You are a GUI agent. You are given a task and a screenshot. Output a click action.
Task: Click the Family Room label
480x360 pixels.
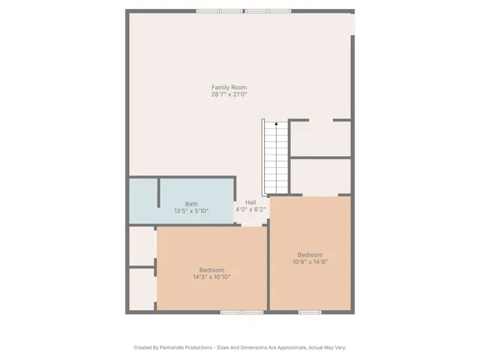pyautogui.click(x=229, y=88)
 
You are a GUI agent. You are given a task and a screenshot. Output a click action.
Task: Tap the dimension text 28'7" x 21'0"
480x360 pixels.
pyautogui.click(x=229, y=94)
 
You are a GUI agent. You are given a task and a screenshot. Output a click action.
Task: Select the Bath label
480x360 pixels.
pyautogui.click(x=191, y=204)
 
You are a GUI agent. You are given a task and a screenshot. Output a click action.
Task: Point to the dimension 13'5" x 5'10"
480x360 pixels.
pyautogui.click(x=191, y=211)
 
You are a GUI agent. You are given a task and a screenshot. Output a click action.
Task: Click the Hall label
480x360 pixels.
pyautogui.click(x=250, y=202)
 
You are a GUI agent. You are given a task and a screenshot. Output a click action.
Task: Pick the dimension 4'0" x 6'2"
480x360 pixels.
pyautogui.click(x=250, y=209)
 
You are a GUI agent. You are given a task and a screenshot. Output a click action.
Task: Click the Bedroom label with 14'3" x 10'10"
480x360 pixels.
pyautogui.click(x=211, y=270)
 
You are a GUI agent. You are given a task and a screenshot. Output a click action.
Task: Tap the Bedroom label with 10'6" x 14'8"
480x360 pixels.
pyautogui.click(x=309, y=254)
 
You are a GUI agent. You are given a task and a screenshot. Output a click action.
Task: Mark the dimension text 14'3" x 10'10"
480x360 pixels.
pyautogui.click(x=211, y=277)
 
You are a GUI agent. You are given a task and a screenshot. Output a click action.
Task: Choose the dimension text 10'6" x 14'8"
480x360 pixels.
pyautogui.click(x=309, y=261)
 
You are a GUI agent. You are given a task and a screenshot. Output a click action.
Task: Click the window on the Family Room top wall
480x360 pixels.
pyautogui.click(x=245, y=10)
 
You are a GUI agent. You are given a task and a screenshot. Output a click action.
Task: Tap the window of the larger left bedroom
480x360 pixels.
pyautogui.click(x=241, y=311)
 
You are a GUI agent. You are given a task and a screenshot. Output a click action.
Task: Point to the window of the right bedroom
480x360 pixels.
pyautogui.click(x=310, y=311)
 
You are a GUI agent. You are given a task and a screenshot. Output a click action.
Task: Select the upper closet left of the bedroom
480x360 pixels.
pyautogui.click(x=142, y=245)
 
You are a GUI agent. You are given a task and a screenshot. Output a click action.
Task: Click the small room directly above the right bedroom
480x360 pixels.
pyautogui.click(x=320, y=176)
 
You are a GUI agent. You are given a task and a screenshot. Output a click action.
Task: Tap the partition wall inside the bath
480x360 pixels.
pyautogui.click(x=158, y=192)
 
